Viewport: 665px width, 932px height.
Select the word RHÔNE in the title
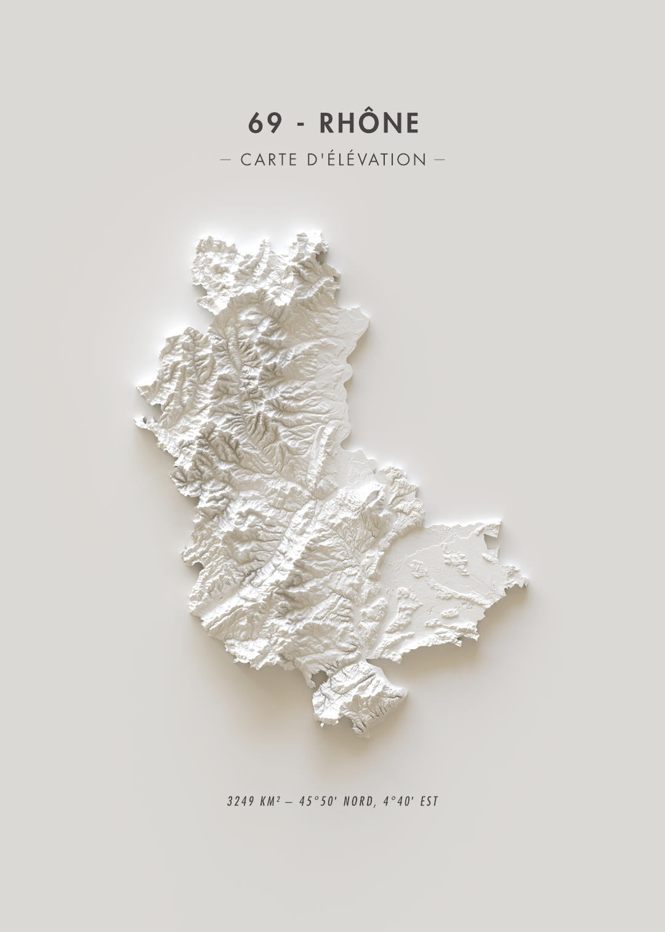click(x=369, y=123)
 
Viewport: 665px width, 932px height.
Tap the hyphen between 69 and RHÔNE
click(x=300, y=125)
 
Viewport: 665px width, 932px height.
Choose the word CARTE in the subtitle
click(x=268, y=160)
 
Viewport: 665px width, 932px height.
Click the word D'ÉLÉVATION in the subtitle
click(x=366, y=160)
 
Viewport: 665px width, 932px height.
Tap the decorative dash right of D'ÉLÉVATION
click(x=439, y=160)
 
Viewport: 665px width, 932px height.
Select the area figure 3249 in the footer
click(x=239, y=802)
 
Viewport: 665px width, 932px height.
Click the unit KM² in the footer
click(x=270, y=802)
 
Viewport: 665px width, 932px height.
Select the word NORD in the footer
click(x=357, y=802)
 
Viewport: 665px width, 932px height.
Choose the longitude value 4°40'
click(x=397, y=802)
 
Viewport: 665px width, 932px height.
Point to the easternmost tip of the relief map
click(x=526, y=579)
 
